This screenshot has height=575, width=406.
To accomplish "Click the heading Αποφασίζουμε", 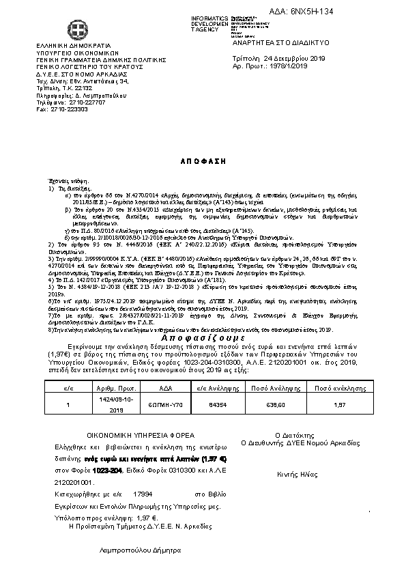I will point(203,338).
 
